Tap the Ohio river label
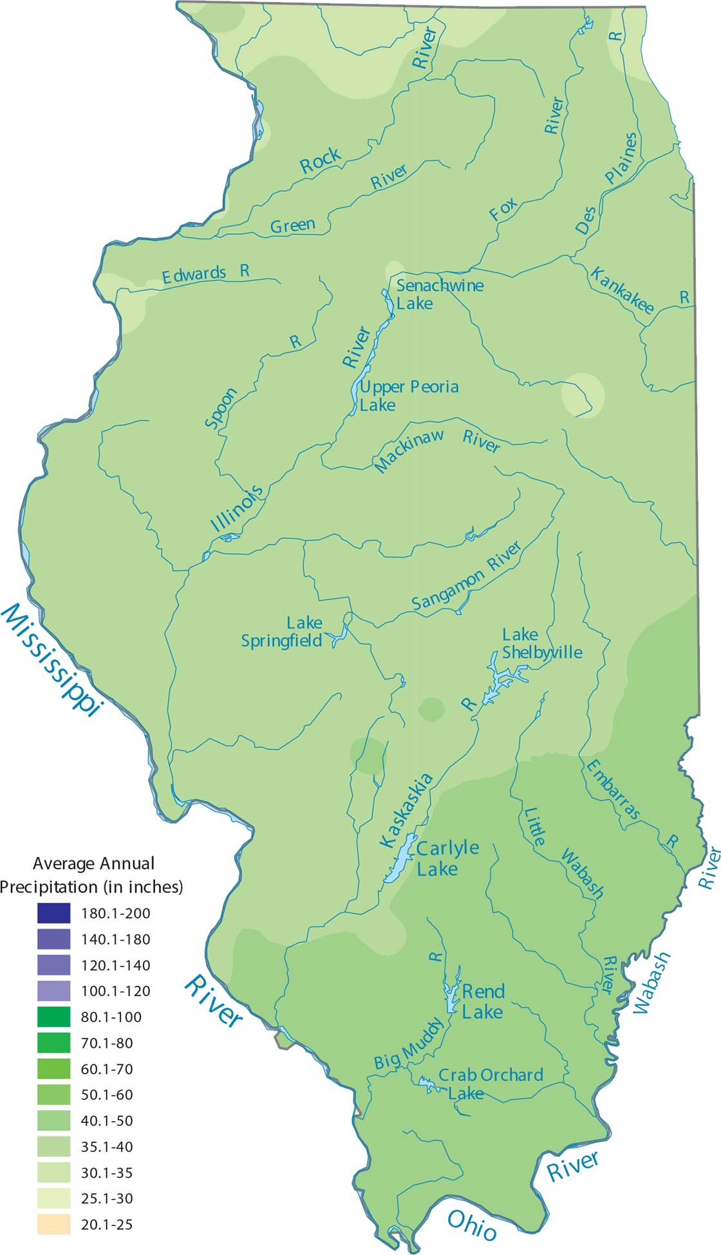pyautogui.click(x=471, y=1225)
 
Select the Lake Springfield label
pyautogui.click(x=282, y=632)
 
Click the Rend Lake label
pyautogui.click(x=483, y=1001)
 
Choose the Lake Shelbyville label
pyautogui.click(x=541, y=643)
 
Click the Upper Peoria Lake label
pyautogui.click(x=408, y=395)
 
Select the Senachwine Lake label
pyautogui.click(x=439, y=294)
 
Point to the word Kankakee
pyautogui.click(x=622, y=290)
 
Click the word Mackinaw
pyautogui.click(x=409, y=451)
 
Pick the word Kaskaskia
pyautogui.click(x=406, y=811)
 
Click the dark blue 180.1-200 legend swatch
pyautogui.click(x=53, y=913)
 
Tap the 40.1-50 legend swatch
pyautogui.click(x=53, y=1120)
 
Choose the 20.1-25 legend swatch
pyautogui.click(x=53, y=1224)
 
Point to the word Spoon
pyautogui.click(x=221, y=408)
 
